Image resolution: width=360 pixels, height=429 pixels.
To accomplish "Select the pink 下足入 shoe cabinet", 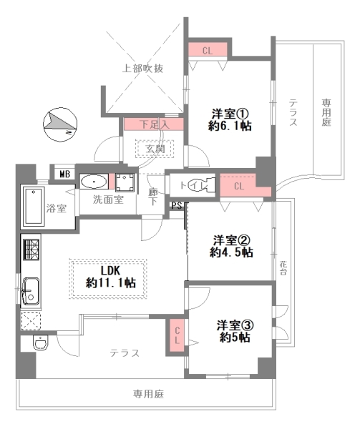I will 154,124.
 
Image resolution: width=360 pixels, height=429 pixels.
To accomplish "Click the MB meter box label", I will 64,174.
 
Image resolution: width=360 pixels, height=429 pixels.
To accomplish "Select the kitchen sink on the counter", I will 32,292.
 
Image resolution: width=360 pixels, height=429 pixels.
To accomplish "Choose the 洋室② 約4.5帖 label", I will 230,246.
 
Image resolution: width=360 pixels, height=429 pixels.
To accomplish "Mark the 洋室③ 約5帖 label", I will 233,332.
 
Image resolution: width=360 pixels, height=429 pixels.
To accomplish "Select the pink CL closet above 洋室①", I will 208,50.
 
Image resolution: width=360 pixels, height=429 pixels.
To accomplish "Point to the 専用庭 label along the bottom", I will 148,395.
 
